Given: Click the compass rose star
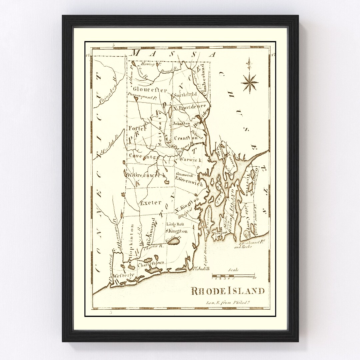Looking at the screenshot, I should (250, 82).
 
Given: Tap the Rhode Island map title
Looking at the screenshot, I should (228, 291).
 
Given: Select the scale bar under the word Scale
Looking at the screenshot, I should (234, 276).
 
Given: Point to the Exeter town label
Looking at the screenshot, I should (151, 202).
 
